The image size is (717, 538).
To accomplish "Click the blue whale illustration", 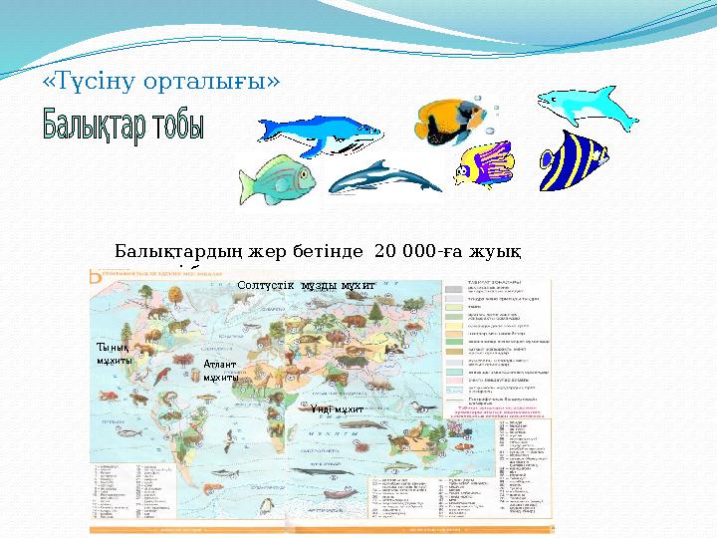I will click(319, 134).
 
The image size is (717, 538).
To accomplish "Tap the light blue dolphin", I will click(587, 107).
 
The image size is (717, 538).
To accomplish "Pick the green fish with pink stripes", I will click(277, 180).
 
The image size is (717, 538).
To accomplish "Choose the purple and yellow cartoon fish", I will click(485, 164).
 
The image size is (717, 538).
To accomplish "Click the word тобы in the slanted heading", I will click(179, 128).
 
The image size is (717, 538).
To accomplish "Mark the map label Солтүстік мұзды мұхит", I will click(306, 286).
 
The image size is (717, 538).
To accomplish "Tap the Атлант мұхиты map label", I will click(220, 372).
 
